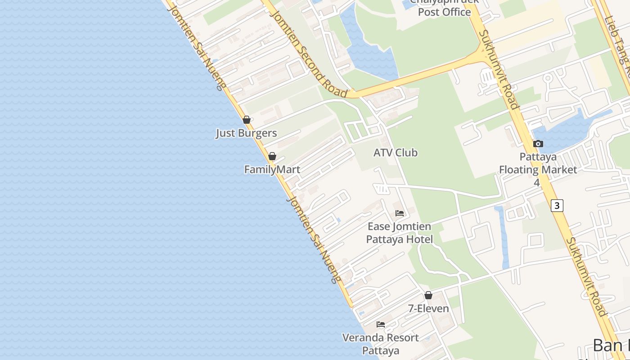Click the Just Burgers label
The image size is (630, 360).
pos(246,133)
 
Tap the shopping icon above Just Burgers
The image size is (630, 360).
pos(247,120)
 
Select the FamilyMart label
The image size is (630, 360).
pos(272,170)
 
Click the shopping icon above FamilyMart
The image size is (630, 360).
pos(272,156)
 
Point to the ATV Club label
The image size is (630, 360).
pos(395,153)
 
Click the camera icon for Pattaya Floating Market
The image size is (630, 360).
pos(538,144)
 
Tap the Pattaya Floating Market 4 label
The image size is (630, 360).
pos(538,170)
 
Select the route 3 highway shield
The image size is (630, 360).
pos(557,206)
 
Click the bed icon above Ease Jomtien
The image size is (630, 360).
pos(400,213)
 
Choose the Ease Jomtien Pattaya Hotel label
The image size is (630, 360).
pos(400,233)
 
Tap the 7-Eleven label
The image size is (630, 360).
pos(428,308)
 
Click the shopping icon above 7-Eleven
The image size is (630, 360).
pos(428,295)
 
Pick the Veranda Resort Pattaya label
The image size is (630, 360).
pos(381,344)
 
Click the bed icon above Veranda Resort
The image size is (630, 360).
pos(381,324)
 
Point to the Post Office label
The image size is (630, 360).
pos(444,12)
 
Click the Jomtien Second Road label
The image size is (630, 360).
pos(309,52)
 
